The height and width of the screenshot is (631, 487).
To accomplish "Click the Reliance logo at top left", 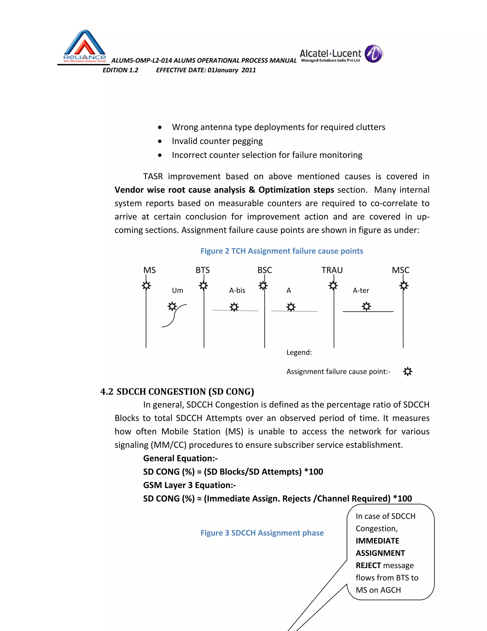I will click(84, 46).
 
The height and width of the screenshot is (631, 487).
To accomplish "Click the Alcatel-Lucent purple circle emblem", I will click(373, 54).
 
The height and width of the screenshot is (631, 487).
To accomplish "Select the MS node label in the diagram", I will click(149, 270).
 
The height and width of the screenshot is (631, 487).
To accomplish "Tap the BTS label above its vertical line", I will click(203, 270).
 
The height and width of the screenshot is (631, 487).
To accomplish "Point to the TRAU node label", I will click(332, 270).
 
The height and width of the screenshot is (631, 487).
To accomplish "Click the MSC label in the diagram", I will click(400, 270).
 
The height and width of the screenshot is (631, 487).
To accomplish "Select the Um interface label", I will click(177, 290).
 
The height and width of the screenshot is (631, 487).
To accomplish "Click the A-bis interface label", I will click(237, 290).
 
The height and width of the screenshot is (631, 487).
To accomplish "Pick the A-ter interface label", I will click(361, 290).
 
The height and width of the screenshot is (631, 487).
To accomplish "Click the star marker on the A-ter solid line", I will click(366, 306).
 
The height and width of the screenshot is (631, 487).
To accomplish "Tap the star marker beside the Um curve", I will click(172, 306).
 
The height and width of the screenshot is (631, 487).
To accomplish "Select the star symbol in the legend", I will click(407, 371).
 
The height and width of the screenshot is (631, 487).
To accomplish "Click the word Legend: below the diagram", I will click(299, 352).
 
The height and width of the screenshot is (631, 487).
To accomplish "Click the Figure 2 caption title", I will click(282, 251).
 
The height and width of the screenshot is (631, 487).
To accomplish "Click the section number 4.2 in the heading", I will click(107, 391).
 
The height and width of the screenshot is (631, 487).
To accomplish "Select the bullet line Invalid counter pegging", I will click(217, 141).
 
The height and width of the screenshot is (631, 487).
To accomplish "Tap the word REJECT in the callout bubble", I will click(368, 566).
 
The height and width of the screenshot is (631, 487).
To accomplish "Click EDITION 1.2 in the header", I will click(120, 70).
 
